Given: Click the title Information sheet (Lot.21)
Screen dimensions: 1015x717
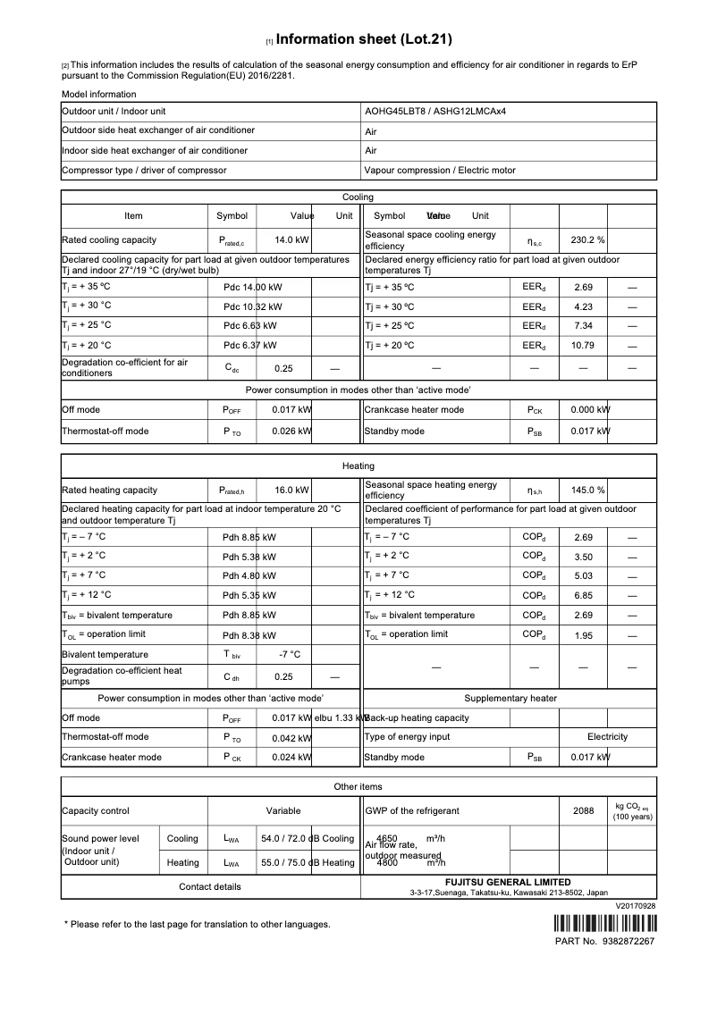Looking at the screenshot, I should [x=364, y=39].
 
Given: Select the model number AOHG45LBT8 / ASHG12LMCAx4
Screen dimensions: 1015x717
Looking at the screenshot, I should [x=442, y=112].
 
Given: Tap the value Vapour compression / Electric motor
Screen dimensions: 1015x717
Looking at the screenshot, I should [x=440, y=170].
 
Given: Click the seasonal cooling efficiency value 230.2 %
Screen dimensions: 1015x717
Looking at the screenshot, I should [x=588, y=239].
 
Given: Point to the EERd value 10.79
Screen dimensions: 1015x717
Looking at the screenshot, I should [x=584, y=345].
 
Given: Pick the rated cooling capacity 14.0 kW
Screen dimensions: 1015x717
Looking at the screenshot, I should [x=291, y=239].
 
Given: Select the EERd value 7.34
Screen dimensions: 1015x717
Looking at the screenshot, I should [x=584, y=325].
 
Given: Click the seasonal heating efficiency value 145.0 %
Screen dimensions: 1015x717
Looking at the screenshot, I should [x=588, y=490].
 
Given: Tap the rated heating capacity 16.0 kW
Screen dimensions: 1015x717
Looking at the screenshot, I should [x=291, y=490].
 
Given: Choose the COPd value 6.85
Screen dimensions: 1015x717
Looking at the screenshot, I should [x=584, y=595].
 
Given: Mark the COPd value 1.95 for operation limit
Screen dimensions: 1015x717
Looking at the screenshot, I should [x=584, y=634].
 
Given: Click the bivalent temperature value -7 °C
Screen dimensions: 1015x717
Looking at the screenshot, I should [x=290, y=654].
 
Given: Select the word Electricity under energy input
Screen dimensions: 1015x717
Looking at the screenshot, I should [x=607, y=737].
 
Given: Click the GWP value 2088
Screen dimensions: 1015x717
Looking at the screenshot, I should [x=583, y=810].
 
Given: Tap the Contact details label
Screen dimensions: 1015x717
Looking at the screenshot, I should [x=209, y=886].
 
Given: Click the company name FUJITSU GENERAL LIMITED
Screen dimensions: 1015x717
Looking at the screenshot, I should [x=509, y=882].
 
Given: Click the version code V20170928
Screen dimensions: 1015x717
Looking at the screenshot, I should [x=636, y=906].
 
